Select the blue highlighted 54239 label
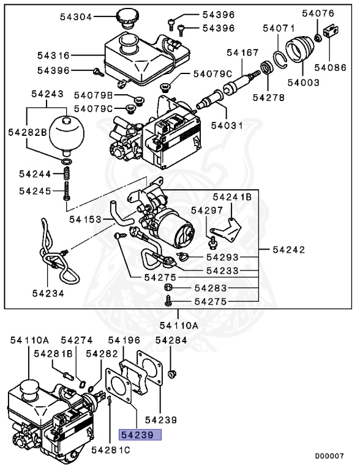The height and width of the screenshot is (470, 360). click(x=139, y=436)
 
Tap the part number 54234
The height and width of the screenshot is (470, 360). click(x=48, y=293)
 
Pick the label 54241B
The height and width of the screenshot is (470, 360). click(x=232, y=197)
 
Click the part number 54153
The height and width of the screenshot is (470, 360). click(x=85, y=218)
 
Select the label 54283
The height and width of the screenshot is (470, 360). click(x=211, y=288)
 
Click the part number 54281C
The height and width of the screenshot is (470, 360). click(x=110, y=450)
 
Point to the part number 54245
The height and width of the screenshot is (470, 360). click(x=36, y=191)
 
